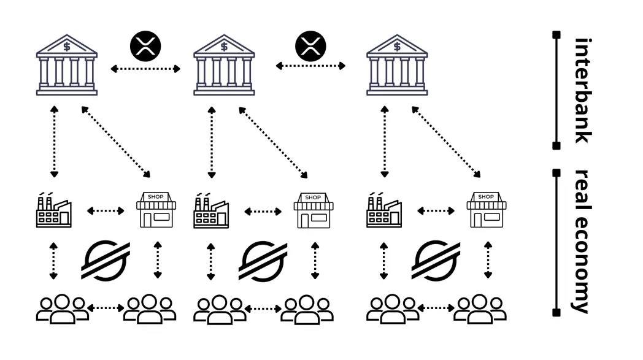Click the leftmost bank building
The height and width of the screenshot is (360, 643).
pos(67,65)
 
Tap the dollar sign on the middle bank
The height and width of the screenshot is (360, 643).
pos(224,47)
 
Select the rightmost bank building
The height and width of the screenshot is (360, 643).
pos(397,65)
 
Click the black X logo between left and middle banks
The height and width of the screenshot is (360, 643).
pos(145,46)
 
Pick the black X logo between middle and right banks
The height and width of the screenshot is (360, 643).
pos(310,46)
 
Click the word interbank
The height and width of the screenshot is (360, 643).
pos(583,91)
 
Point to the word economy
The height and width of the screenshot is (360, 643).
pos(583,264)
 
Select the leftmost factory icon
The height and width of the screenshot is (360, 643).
pos(54,210)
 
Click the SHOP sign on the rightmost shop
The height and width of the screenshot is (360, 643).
pos(486,197)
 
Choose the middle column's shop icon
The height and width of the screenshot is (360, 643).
pos(314,210)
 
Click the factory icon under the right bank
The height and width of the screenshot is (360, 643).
pos(384,210)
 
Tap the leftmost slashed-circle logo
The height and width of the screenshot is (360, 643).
pos(106,261)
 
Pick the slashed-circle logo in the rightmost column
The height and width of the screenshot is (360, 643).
pos(436,261)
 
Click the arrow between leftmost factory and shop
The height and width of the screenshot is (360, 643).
pos(106,211)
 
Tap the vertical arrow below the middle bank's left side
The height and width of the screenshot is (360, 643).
pos(212,142)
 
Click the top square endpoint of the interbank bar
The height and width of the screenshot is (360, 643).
pos(556,35)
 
